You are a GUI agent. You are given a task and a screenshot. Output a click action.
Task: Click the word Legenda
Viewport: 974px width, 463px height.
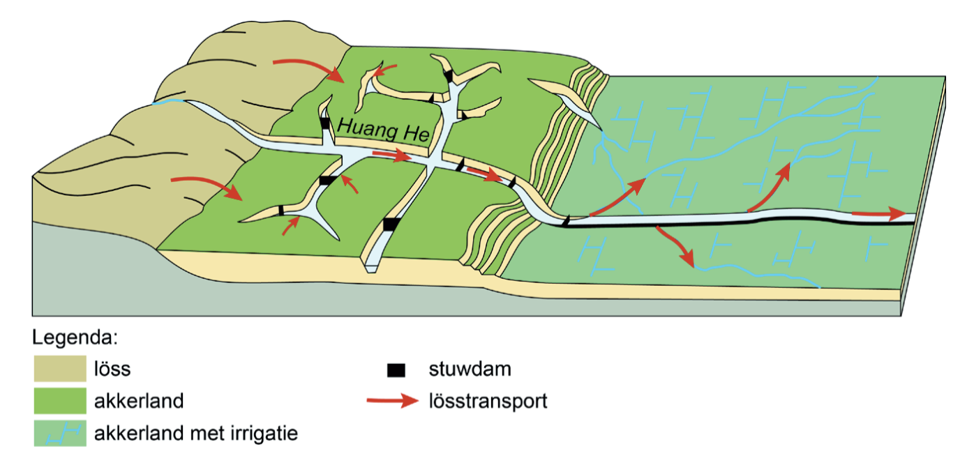tap(73, 339)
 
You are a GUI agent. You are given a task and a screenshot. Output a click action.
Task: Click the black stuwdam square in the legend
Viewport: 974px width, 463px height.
tap(396, 370)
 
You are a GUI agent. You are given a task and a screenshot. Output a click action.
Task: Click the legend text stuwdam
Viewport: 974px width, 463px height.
tap(470, 370)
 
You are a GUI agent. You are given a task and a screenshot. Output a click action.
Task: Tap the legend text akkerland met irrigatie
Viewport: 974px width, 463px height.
tap(196, 434)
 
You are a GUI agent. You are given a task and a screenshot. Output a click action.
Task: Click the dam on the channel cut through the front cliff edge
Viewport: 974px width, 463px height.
tap(391, 225)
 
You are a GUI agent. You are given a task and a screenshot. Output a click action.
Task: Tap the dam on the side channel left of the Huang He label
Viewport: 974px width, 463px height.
tap(324, 123)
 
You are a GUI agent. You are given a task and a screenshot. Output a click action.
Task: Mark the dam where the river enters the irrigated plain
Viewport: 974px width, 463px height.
tap(565, 220)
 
